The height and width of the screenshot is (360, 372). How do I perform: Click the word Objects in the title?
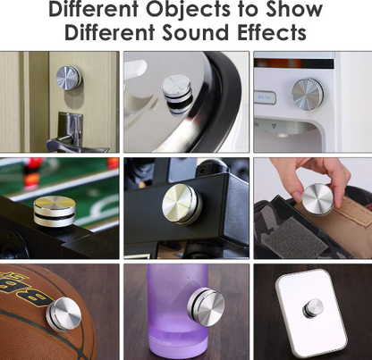click(x=188, y=10)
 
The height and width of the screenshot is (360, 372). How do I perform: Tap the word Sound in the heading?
click(x=198, y=32)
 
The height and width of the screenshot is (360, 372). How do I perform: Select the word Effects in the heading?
click(x=272, y=32)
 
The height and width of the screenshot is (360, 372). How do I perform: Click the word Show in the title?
click(x=294, y=9)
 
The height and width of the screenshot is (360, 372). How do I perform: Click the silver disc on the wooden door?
click(x=69, y=78)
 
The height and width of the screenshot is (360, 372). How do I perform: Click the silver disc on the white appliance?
click(x=308, y=92)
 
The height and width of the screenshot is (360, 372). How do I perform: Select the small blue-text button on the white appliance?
click(x=265, y=97)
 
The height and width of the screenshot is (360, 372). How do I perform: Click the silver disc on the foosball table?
click(x=55, y=211)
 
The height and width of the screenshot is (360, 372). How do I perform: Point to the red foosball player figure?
click(x=34, y=173)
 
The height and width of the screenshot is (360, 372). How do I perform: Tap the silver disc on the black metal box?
click(x=182, y=204)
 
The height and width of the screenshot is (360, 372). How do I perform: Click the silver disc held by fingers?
click(x=317, y=199)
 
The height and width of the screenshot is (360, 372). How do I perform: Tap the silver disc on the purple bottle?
click(x=206, y=306)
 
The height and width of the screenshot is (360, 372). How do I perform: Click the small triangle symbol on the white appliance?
click(x=274, y=127)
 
